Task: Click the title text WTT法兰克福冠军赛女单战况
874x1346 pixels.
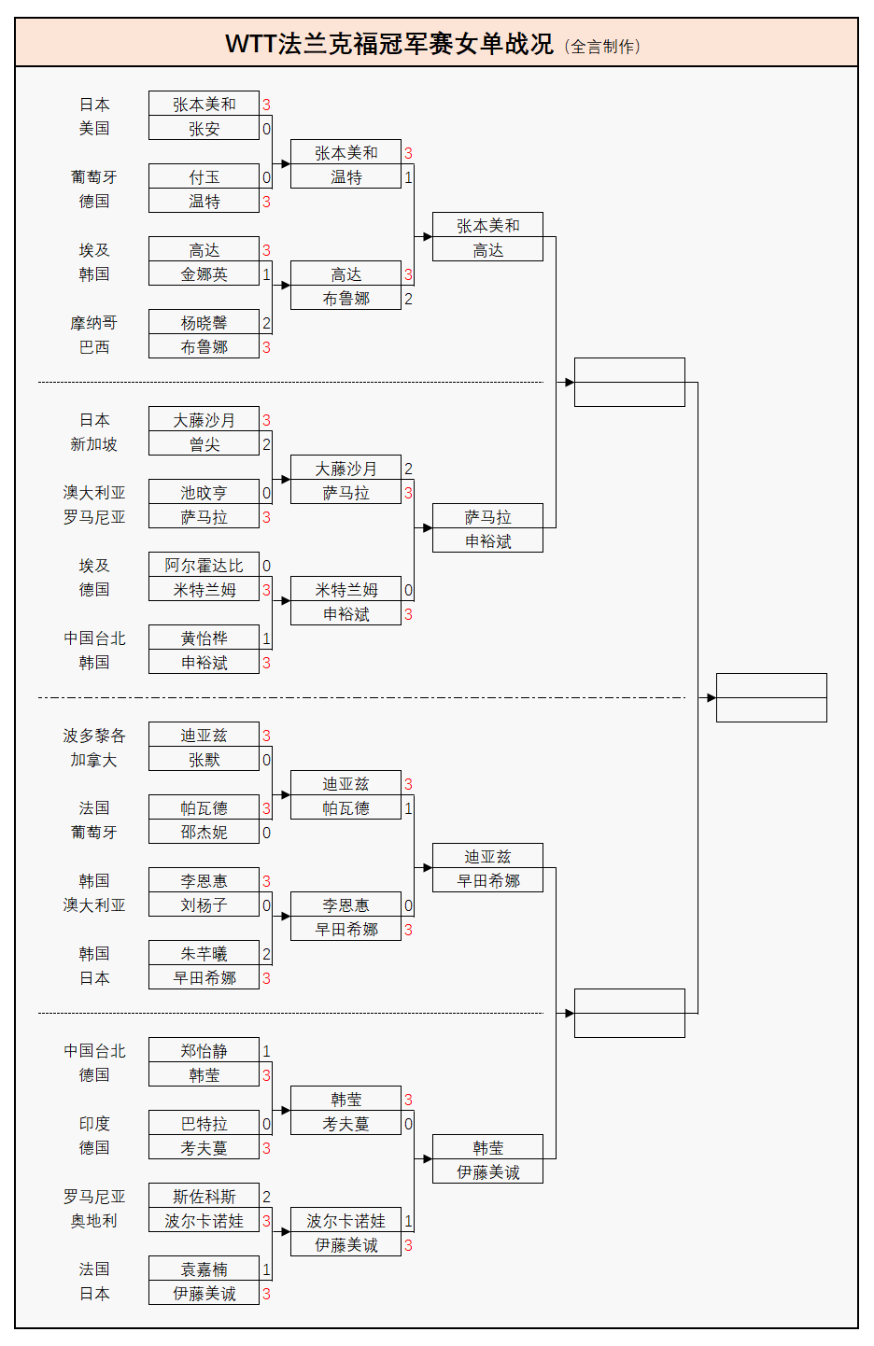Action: [389, 44]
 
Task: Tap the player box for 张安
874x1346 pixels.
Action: [204, 129]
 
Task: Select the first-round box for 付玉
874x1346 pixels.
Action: [204, 177]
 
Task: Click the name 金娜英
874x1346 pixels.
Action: [204, 274]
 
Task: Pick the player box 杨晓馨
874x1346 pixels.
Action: [204, 323]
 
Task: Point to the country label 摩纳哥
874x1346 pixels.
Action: [93, 323]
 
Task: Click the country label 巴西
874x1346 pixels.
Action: [93, 347]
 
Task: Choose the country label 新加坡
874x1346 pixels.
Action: [93, 444]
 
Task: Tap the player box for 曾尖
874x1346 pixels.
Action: [204, 444]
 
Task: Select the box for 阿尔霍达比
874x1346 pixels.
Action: [204, 566]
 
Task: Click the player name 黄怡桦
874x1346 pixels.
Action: [204, 638]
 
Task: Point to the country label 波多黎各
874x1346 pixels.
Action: [93, 736]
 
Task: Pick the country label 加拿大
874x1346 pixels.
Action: [93, 760]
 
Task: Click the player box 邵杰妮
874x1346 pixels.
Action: [204, 833]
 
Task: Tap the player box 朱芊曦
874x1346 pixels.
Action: [204, 954]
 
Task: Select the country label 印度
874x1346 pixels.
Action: [93, 1124]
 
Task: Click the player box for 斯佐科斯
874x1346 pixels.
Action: [204, 1197]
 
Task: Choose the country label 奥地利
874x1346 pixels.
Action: [93, 1221]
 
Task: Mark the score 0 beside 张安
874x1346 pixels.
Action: [266, 129]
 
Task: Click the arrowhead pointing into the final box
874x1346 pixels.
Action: [712, 697]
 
